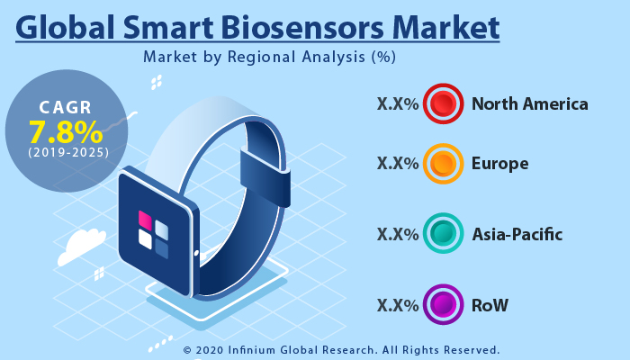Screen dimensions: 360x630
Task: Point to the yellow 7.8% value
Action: (x=65, y=132)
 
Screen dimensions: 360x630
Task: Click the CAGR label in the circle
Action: (x=65, y=108)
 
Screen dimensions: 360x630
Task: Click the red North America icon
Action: (x=443, y=104)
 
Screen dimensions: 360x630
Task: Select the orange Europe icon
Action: (x=443, y=164)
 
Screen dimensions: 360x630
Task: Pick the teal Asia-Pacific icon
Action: (x=443, y=235)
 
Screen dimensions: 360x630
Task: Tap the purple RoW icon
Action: (x=443, y=305)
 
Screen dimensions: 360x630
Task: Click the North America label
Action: (x=530, y=104)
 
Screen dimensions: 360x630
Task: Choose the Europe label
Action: (x=500, y=164)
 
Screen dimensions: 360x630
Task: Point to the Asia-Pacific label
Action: (x=517, y=235)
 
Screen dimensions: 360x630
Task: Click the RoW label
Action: (x=490, y=305)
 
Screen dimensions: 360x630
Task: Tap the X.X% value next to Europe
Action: (x=398, y=164)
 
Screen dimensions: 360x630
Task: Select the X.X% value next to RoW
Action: (x=398, y=305)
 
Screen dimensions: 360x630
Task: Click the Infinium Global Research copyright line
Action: (x=341, y=349)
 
